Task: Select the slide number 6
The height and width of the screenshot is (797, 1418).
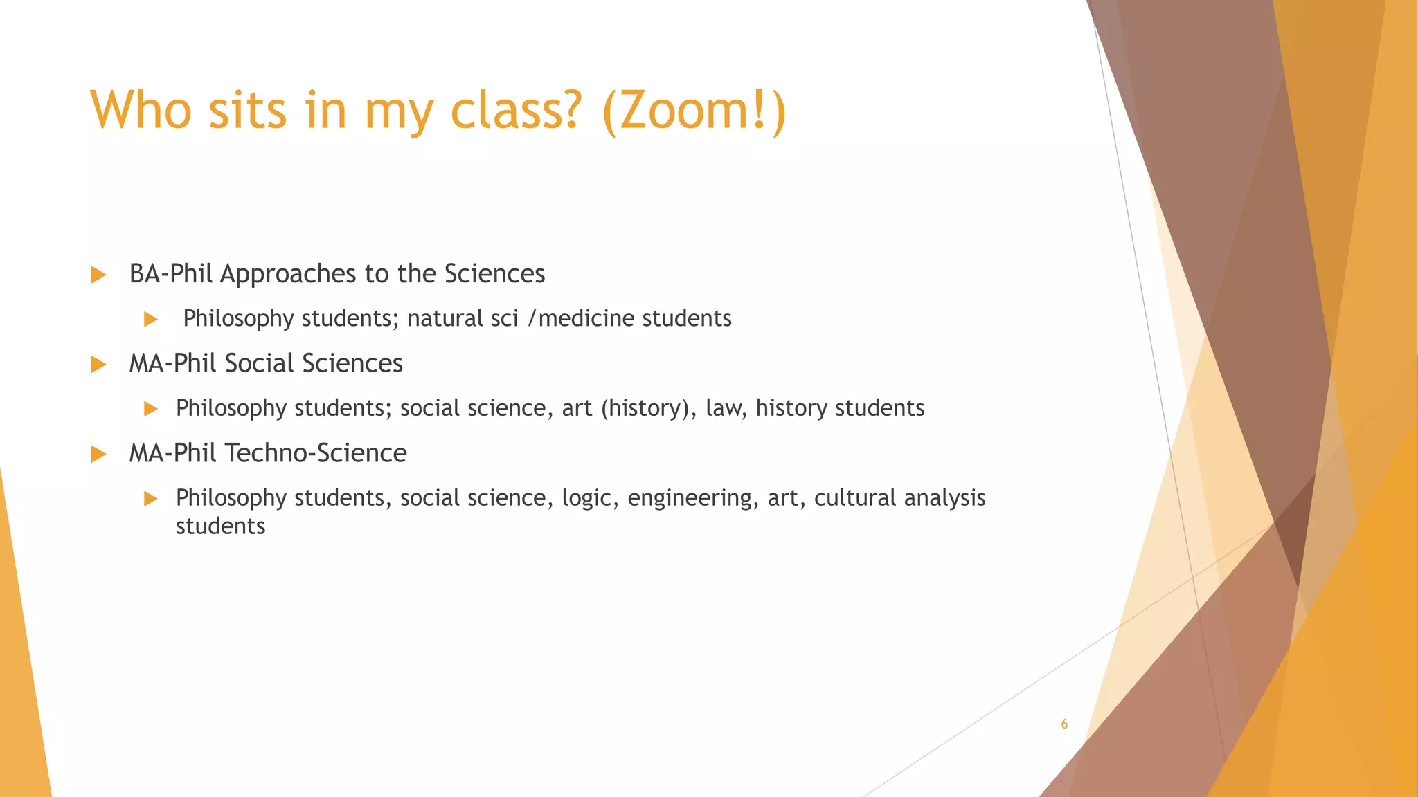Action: [x=1064, y=724]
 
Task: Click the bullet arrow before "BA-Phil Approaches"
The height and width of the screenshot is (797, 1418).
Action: [x=98, y=275]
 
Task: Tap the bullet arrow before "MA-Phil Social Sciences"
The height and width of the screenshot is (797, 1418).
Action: [x=98, y=365]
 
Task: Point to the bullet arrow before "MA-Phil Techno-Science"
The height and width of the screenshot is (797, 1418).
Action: [x=98, y=455]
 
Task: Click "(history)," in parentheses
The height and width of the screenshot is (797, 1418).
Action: [x=649, y=409]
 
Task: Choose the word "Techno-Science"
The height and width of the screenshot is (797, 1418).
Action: [x=316, y=453]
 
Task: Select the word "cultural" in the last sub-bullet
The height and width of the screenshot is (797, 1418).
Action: [x=855, y=498]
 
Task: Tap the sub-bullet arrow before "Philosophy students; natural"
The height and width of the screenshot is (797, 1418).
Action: [x=151, y=320]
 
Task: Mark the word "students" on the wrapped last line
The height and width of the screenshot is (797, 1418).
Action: [x=220, y=526]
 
